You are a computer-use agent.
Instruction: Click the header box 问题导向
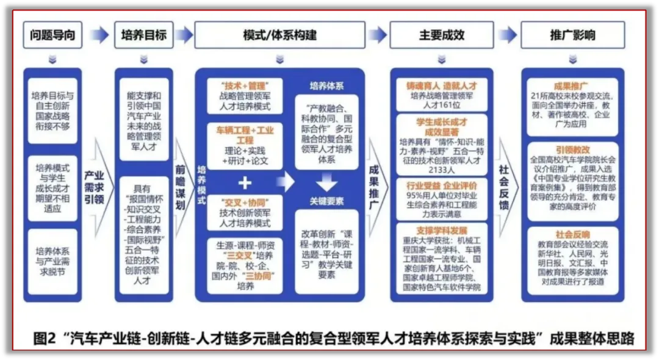point(52,35)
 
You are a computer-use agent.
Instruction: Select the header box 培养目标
point(144,35)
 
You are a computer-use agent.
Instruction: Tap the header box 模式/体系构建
point(279,35)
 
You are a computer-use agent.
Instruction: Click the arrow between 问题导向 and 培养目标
point(98,35)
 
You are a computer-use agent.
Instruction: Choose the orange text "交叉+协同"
point(244,202)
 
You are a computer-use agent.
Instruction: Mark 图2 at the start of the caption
point(46,338)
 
